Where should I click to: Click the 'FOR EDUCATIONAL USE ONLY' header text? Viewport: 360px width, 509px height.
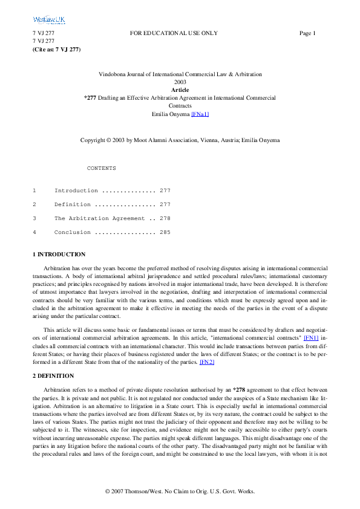174,33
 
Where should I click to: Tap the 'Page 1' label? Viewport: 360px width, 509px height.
307,33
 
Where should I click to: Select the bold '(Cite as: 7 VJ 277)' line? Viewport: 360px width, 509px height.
56,48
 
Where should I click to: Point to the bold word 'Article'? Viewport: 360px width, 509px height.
180,89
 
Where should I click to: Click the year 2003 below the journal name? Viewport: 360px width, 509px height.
180,82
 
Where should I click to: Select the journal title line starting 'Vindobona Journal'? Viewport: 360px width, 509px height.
180,74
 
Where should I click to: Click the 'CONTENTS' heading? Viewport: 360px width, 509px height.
102,168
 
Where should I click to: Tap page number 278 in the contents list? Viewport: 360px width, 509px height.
165,218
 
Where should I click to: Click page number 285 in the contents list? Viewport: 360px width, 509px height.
165,232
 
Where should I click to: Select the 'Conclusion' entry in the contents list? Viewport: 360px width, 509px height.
73,232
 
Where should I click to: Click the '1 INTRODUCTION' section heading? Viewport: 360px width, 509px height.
59,254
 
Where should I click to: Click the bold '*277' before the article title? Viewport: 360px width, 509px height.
90,97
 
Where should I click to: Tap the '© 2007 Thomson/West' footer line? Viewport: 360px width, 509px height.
180,491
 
